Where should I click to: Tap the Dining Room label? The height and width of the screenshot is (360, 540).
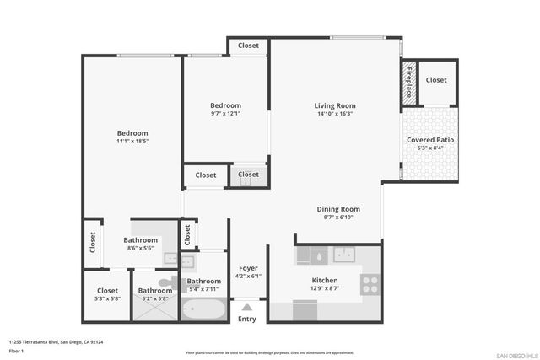[338, 209]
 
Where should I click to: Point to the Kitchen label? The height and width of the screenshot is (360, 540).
[325, 281]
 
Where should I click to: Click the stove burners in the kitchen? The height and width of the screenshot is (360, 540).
[370, 285]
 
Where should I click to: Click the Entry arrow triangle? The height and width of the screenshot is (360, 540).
[247, 307]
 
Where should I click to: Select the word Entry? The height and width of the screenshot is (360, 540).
[247, 319]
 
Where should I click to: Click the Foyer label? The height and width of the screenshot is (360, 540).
[248, 267]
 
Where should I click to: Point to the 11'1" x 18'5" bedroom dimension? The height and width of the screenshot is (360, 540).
[132, 142]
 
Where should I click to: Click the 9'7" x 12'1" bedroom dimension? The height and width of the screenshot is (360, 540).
[225, 114]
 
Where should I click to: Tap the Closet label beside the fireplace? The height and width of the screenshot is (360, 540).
[436, 80]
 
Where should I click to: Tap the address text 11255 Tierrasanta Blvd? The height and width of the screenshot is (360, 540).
[50, 341]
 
